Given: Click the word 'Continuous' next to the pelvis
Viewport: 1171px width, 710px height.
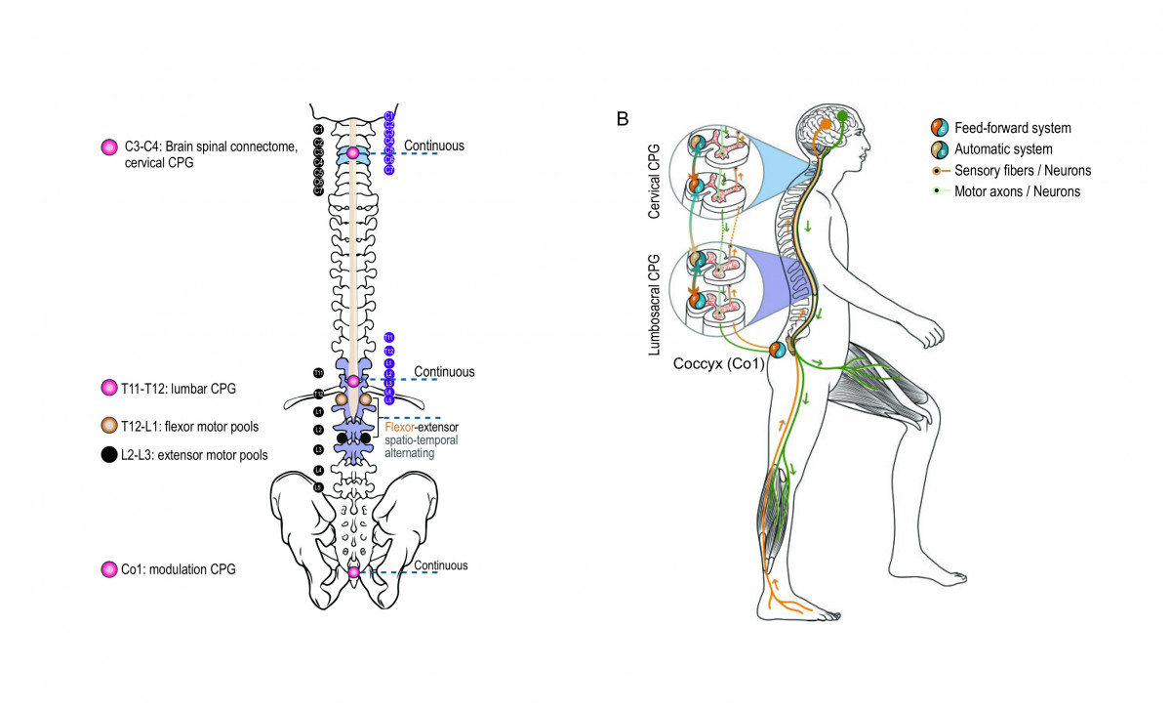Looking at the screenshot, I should click(x=441, y=565).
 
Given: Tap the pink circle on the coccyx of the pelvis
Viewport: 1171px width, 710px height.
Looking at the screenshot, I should click(x=353, y=572).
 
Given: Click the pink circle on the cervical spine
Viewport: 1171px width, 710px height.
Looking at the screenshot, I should click(x=353, y=153).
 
